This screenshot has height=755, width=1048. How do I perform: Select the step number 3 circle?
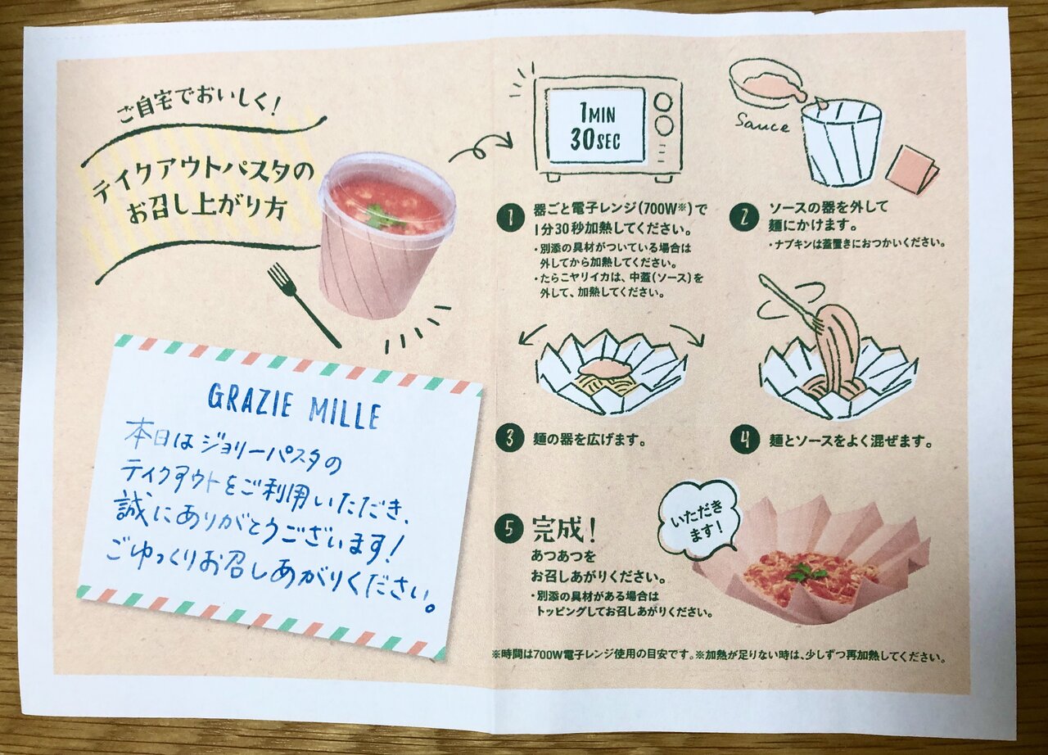coord(509,439)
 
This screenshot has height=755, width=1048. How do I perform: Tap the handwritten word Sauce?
coord(761,124)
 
